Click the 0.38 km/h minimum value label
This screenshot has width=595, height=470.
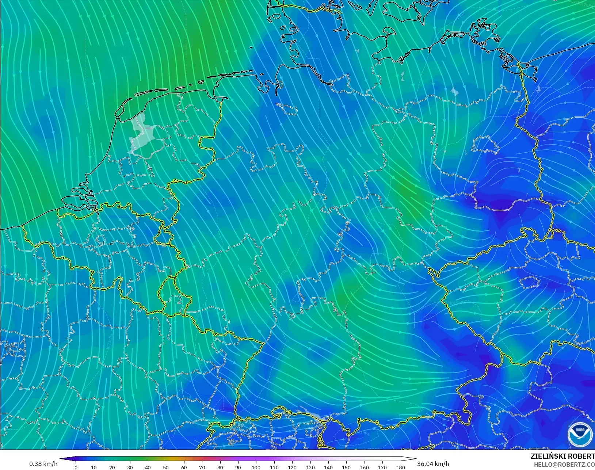(x=43, y=464)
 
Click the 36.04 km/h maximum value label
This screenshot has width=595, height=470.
(x=433, y=464)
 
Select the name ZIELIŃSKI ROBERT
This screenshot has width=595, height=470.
(x=562, y=456)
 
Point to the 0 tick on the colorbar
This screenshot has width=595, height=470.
(x=76, y=467)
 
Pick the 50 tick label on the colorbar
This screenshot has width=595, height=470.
(x=166, y=467)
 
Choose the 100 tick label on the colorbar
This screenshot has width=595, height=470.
(x=256, y=467)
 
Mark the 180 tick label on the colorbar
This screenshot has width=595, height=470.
(x=400, y=467)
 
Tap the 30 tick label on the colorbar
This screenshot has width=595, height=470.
(x=130, y=467)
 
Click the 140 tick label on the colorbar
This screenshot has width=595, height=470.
(x=328, y=467)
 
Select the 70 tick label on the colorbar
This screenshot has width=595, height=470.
(x=202, y=467)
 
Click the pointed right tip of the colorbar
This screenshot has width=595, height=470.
(x=415, y=459)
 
